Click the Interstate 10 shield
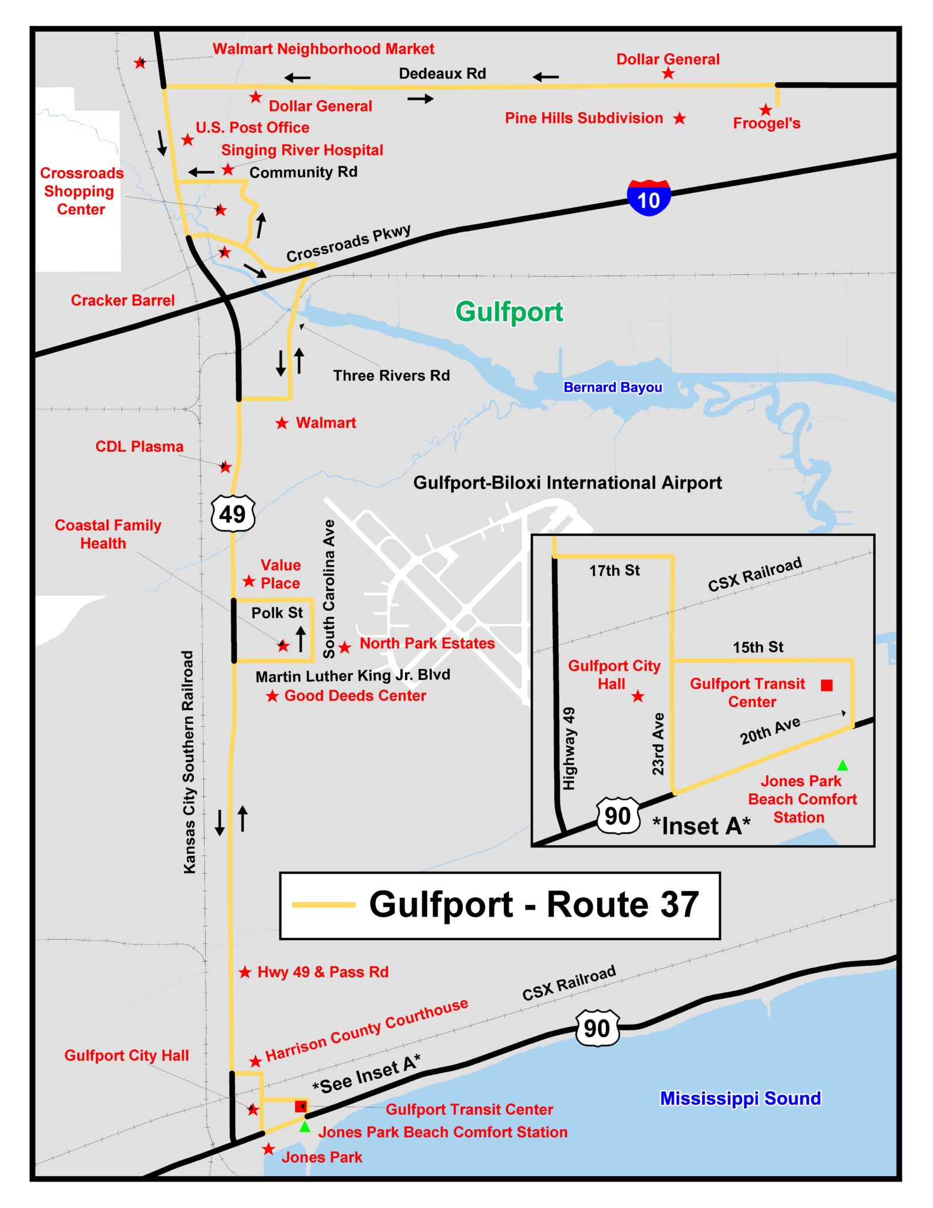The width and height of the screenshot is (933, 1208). point(648,198)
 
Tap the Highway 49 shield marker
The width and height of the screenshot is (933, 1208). point(233,514)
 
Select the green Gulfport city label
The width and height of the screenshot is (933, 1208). point(509,311)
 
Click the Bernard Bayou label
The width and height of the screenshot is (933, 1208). point(612,387)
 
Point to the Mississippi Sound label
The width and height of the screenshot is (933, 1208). point(740,1098)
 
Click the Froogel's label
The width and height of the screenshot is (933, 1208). point(766,123)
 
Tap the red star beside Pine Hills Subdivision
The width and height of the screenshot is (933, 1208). point(680,119)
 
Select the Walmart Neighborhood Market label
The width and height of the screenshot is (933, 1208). point(323,49)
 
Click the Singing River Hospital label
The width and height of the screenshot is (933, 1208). point(302,150)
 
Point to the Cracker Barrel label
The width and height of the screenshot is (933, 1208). point(123,300)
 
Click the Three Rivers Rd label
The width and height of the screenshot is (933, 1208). point(391,376)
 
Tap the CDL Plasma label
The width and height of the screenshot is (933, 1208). point(139,447)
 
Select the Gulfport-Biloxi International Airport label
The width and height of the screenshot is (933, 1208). point(567,483)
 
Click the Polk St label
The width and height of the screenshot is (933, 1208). point(277,613)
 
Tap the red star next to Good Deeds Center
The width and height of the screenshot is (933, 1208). point(272,696)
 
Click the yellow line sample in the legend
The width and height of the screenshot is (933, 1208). point(324,904)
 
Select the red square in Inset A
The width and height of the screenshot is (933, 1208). point(827,685)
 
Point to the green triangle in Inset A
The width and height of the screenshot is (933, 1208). point(843,766)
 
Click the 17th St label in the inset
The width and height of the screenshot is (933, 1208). point(614,570)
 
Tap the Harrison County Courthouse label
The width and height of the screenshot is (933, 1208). point(367,1030)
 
